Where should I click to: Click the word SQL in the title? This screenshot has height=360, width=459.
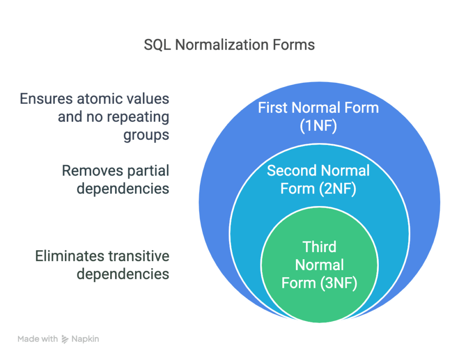157,45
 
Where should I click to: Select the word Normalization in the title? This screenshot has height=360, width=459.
221,45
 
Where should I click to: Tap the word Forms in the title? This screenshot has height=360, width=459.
294,45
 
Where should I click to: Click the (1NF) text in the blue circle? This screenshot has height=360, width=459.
318,126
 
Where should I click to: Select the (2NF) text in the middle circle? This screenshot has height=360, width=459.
338,189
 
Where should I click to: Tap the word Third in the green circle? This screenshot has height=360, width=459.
319,247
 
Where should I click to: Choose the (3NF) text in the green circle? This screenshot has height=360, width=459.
338,283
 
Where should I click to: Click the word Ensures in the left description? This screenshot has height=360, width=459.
46,99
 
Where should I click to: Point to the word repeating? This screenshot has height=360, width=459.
138,117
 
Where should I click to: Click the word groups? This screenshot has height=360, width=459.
146,135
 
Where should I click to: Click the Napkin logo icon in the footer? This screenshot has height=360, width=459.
65,339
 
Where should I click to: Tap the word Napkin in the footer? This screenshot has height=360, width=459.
85,339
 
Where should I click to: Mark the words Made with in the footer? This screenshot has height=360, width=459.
38,339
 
